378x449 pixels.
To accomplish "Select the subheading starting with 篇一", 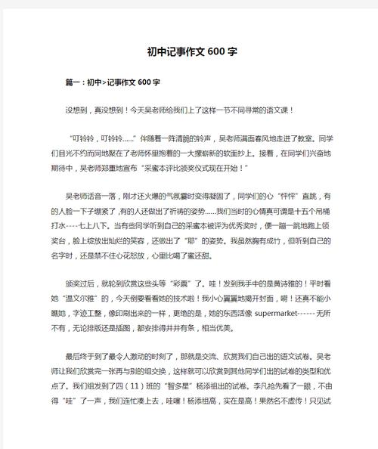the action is click(113, 82).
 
